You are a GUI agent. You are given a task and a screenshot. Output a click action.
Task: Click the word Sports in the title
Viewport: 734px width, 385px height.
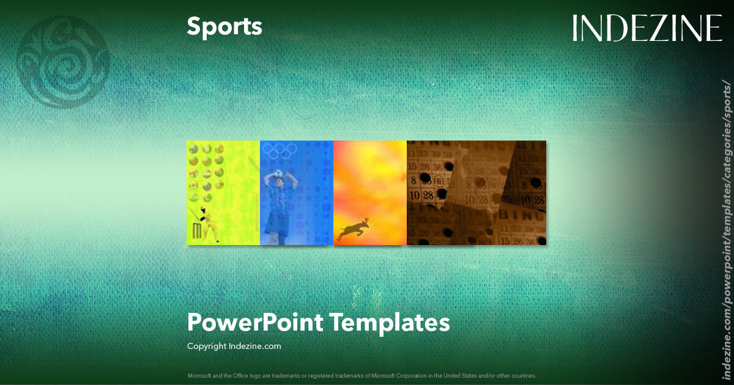pyautogui.click(x=224, y=26)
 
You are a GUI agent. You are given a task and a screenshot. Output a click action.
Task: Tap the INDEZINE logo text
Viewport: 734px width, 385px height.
pyautogui.click(x=647, y=28)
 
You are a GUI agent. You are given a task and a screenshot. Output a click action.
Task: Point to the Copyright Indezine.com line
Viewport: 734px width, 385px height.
pyautogui.click(x=234, y=346)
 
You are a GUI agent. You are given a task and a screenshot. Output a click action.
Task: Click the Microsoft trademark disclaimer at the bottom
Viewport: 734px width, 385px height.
pyautogui.click(x=361, y=375)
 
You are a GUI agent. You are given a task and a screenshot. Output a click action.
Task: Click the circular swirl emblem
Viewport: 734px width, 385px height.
pyautogui.click(x=63, y=62)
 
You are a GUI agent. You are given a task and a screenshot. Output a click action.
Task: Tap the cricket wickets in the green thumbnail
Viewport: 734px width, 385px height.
pyautogui.click(x=197, y=231)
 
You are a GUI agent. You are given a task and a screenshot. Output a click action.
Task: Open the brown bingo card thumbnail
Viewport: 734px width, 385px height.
pyautogui.click(x=476, y=193)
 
